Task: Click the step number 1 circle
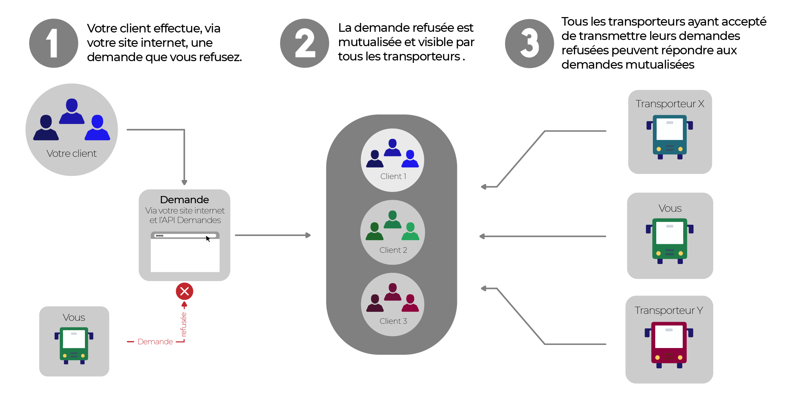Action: [54, 43]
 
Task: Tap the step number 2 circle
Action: [304, 43]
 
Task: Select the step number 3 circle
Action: [529, 43]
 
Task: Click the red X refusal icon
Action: [185, 291]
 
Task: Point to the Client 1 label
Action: [393, 176]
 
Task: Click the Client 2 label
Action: [393, 250]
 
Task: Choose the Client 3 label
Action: [393, 321]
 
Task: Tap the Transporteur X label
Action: [670, 104]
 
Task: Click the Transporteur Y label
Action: [669, 310]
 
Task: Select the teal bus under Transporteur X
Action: [670, 137]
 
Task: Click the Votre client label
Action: [72, 154]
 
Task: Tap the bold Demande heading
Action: [184, 199]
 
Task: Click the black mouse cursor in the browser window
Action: [208, 239]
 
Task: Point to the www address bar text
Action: [160, 236]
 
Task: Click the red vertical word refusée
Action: [184, 324]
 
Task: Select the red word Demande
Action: [155, 342]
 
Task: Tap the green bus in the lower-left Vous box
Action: [74, 345]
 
